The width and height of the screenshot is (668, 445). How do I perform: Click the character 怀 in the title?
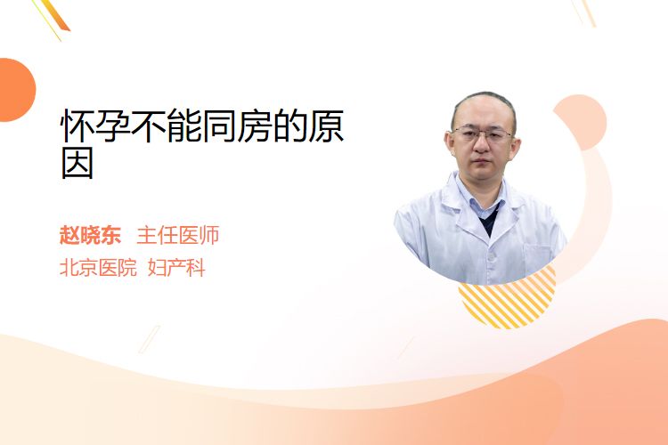[x=77, y=126]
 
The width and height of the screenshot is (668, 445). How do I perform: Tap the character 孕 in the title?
[x=113, y=126]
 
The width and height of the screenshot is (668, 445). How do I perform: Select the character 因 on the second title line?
[x=77, y=164]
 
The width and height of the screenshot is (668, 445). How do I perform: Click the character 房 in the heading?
[x=256, y=126]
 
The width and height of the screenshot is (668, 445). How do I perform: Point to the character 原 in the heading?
[x=326, y=126]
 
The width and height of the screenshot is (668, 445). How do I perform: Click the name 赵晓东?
[x=90, y=235]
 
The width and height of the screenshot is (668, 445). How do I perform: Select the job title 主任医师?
[x=178, y=235]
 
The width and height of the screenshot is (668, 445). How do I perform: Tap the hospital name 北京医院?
[x=98, y=268]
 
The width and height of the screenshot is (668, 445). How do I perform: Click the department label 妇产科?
[x=176, y=268]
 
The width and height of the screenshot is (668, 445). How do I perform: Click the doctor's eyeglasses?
[x=482, y=134]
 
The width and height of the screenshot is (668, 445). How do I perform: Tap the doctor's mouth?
[x=481, y=162]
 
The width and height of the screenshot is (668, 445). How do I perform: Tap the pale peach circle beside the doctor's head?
[x=584, y=119]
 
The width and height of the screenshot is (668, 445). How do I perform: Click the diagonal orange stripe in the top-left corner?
[x=56, y=15]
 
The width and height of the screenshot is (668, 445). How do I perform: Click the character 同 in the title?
[x=220, y=126]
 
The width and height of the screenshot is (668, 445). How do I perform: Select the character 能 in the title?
[x=184, y=126]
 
